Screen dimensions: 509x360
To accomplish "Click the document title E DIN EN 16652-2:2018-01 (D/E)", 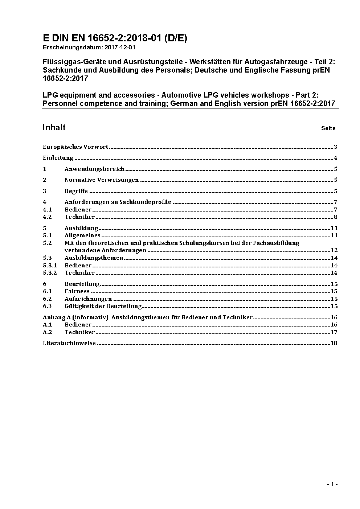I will pyautogui.click(x=115, y=38).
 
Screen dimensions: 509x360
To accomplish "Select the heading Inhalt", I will pyautogui.click(x=54, y=127).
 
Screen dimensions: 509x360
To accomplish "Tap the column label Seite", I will pyautogui.click(x=328, y=128).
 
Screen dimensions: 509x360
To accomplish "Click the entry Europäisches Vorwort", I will pyautogui.click(x=75, y=147).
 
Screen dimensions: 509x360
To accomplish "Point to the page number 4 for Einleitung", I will pyautogui.click(x=336, y=158).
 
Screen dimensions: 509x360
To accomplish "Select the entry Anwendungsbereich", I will pyautogui.click(x=94, y=169).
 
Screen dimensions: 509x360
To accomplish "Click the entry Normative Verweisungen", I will pyautogui.click(x=102, y=180).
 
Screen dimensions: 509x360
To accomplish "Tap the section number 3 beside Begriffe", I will pyautogui.click(x=45, y=191).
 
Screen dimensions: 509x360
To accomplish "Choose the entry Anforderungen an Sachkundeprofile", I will pyautogui.click(x=118, y=202).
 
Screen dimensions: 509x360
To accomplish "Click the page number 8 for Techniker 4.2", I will pyautogui.click(x=336, y=217).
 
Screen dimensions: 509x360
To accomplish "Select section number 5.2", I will pyautogui.click(x=47, y=243).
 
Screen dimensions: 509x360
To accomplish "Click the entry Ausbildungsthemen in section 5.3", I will pyautogui.click(x=94, y=258).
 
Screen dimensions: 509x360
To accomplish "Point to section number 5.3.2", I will pyautogui.click(x=50, y=273).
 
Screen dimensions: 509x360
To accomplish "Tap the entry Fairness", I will pyautogui.click(x=77, y=291).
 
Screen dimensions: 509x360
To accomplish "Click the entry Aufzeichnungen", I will pyautogui.click(x=88, y=299).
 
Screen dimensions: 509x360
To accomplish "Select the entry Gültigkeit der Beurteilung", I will pyautogui.click(x=103, y=306).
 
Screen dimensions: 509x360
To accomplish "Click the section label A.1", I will pyautogui.click(x=48, y=325).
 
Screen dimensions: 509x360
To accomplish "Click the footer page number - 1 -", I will pyautogui.click(x=332, y=484).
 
